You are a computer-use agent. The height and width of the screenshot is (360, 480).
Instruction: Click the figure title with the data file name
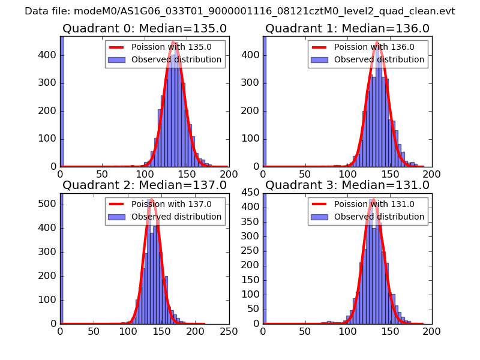point(240,11)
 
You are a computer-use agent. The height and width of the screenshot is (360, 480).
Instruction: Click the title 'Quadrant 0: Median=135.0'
point(145,28)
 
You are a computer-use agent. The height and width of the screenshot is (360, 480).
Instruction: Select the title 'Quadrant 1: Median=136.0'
point(347,28)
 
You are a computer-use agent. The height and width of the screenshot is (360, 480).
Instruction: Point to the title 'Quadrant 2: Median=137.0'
point(145,185)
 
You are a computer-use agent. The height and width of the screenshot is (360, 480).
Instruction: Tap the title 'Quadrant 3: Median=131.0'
point(347,185)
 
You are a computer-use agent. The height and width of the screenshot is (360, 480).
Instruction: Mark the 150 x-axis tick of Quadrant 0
point(187,174)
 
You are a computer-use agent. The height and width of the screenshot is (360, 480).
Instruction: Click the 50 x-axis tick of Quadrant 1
point(305,174)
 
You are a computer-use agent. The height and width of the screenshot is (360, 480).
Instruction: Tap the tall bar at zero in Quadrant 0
point(62,102)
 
